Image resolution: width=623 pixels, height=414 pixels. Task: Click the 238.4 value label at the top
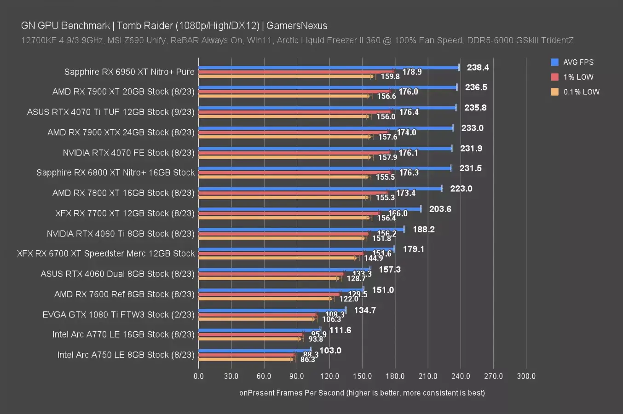(478, 68)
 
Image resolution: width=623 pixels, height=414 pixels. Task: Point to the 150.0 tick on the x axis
(362, 376)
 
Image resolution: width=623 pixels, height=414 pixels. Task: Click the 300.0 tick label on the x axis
(526, 376)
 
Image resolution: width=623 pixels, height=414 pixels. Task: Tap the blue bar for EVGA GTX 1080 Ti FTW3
(272, 310)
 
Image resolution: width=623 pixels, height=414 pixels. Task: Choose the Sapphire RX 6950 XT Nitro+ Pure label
(129, 72)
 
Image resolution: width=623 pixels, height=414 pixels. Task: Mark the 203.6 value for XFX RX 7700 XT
(440, 209)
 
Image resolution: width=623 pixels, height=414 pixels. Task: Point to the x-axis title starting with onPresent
(362, 393)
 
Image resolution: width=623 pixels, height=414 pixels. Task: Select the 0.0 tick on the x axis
(199, 376)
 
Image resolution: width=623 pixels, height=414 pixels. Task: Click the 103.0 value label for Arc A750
(330, 351)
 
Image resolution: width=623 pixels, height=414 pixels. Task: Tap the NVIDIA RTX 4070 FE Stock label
(128, 153)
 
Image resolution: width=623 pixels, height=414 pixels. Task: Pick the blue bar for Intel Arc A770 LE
(260, 330)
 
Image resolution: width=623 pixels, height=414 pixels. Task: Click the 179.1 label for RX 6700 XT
(413, 249)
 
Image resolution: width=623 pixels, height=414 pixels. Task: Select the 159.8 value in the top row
(390, 76)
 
